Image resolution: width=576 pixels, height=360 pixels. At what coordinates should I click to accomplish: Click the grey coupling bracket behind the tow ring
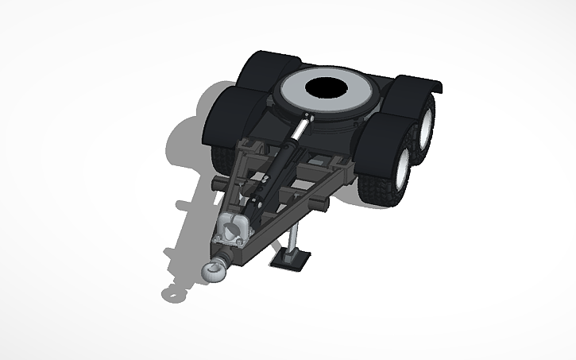[x=233, y=230]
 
